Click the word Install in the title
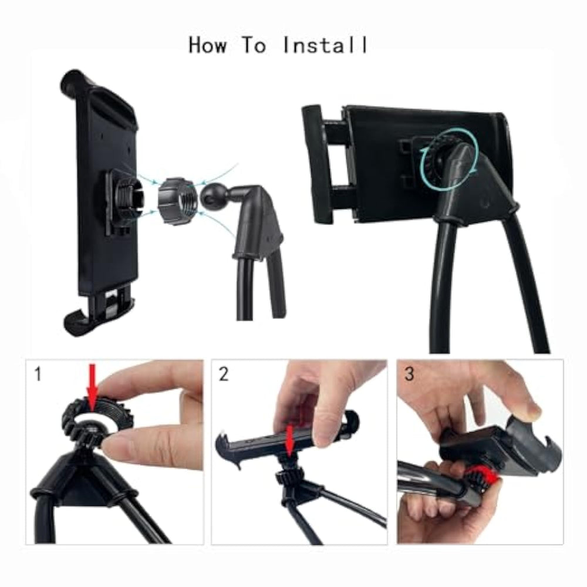coord(325,45)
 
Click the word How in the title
coord(207,45)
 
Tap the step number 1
coord(38,374)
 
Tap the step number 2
coord(224,374)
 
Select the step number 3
coord(409,374)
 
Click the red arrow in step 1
coord(93,388)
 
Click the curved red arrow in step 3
coord(487,475)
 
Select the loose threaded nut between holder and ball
coord(175,201)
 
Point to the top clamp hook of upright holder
coord(80,80)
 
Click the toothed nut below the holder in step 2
coord(287,478)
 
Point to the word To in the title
coord(254,45)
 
